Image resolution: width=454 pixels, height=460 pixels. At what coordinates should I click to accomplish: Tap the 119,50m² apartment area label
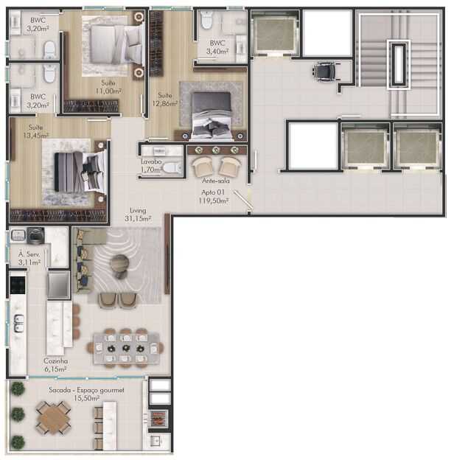[x=214, y=201]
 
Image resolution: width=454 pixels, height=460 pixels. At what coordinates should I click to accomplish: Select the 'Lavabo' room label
[x=151, y=161]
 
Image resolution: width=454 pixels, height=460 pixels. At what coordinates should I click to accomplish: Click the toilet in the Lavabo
[x=172, y=168]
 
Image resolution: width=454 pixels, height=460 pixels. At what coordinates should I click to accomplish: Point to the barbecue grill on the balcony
[x=158, y=418]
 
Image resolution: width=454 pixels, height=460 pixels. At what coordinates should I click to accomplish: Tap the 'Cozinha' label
[x=55, y=361]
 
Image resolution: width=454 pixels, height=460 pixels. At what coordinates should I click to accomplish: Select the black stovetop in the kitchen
[x=18, y=285]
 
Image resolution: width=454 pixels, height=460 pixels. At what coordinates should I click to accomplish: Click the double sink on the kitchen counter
[x=18, y=324]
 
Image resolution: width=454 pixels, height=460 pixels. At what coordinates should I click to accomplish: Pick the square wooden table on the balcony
[x=53, y=417]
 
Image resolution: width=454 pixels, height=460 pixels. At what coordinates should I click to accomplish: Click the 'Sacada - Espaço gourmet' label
[x=86, y=390]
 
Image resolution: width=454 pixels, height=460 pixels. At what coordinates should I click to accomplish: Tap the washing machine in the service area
[x=36, y=236]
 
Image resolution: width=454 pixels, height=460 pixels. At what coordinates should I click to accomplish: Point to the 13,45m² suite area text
[x=36, y=136]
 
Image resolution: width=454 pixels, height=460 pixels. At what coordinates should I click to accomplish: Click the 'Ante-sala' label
[x=215, y=181]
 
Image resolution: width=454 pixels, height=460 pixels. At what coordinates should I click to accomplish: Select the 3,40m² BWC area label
[x=217, y=52]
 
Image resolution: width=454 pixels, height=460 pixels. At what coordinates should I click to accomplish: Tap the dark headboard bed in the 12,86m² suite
[x=212, y=115]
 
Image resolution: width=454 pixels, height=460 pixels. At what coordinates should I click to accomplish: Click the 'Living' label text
[x=138, y=210]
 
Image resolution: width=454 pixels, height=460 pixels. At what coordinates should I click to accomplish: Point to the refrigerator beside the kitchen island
[x=59, y=285]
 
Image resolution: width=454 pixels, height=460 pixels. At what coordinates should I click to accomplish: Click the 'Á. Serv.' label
[x=29, y=254]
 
